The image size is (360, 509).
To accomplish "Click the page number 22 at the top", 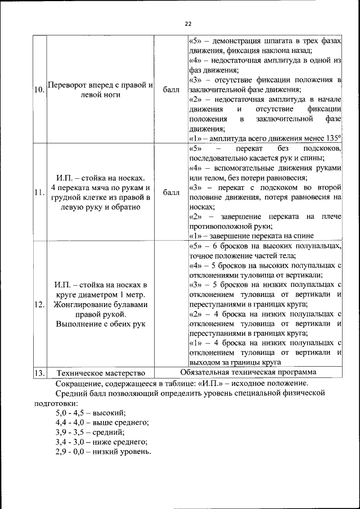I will point(188,24).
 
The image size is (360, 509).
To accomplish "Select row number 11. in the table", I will point(39,193).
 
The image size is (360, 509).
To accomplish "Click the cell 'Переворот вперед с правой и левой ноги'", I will point(101,91).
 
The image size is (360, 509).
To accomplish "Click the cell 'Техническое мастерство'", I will point(101,373).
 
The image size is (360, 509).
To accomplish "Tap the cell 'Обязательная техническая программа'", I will point(248,372).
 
